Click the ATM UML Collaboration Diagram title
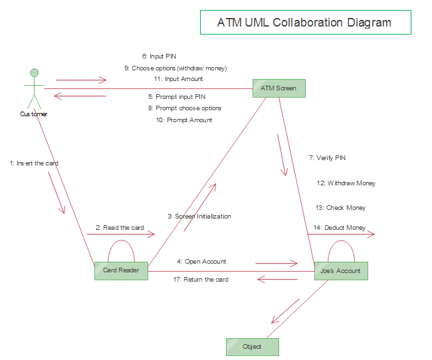(x=305, y=22)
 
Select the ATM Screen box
(x=279, y=88)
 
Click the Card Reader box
(x=121, y=270)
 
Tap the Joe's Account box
(x=340, y=270)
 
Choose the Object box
(x=252, y=347)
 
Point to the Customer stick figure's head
(x=34, y=72)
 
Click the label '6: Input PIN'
(x=159, y=56)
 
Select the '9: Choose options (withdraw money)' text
(x=175, y=68)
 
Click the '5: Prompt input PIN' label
(x=176, y=97)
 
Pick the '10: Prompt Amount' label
(x=184, y=120)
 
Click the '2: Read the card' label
(x=120, y=228)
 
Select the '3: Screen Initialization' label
(x=199, y=216)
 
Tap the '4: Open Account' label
(x=201, y=261)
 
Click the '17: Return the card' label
(x=201, y=280)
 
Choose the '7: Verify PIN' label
(x=327, y=158)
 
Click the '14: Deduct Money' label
(x=340, y=228)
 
